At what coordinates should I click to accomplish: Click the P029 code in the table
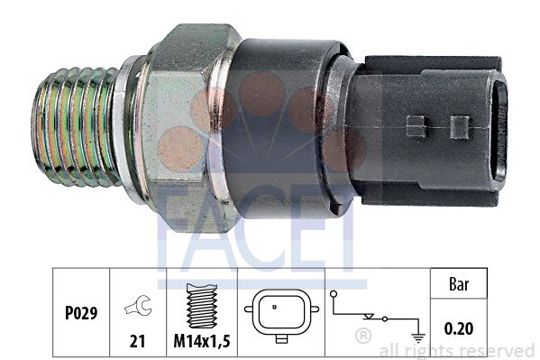tap(81, 313)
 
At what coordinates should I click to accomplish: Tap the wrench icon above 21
tap(139, 305)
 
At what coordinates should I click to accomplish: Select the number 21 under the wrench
tap(137, 341)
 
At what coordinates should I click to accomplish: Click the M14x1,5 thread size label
tap(202, 341)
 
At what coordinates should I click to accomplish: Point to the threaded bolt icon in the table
tap(201, 306)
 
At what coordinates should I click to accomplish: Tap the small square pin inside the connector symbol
tap(274, 307)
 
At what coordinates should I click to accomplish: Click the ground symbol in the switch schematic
tap(418, 337)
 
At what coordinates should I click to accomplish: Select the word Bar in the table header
tap(459, 284)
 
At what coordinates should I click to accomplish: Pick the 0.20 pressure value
tap(458, 328)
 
